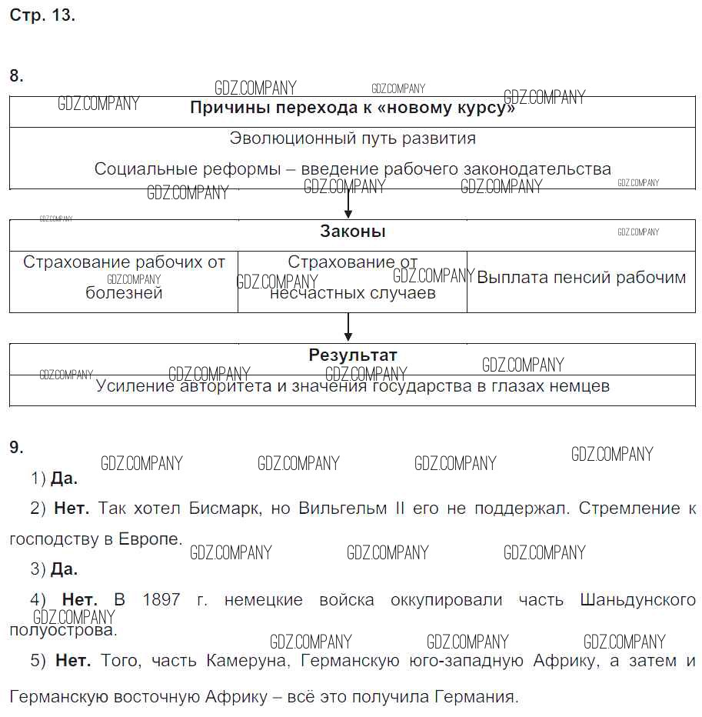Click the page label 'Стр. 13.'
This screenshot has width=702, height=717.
coord(42,15)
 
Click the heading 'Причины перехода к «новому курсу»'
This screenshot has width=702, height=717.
coord(352,108)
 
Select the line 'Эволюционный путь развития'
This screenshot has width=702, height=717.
coord(352,138)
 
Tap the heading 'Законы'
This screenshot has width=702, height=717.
coord(352,232)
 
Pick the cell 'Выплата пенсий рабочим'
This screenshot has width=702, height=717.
coord(581,278)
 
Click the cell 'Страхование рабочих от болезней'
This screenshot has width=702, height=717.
coord(124,277)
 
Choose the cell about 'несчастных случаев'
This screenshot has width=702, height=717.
coord(352,292)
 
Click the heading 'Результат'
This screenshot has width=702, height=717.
coord(352,355)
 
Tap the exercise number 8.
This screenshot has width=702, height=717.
coord(16,75)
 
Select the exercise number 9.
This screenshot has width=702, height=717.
coord(16,447)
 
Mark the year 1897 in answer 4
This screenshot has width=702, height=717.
coord(161,599)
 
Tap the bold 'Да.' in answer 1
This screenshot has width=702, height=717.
coord(64,479)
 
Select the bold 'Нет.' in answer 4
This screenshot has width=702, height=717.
coord(79,599)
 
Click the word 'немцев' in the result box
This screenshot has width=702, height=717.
coord(580,386)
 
